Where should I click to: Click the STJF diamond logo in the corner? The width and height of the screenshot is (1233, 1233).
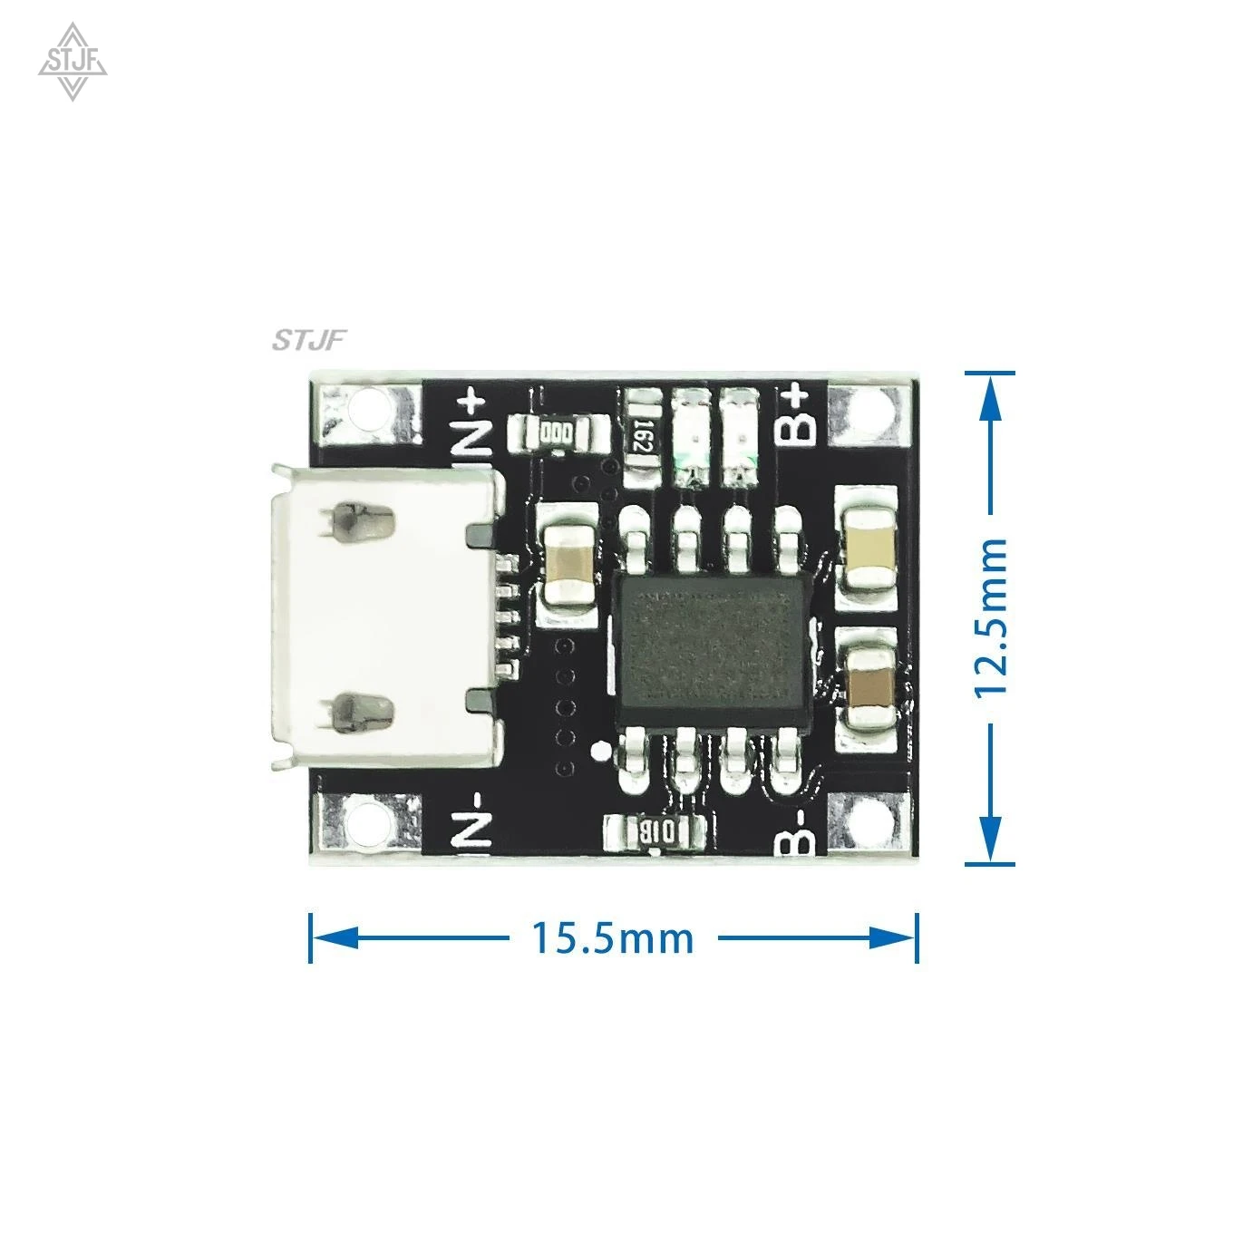point(73,63)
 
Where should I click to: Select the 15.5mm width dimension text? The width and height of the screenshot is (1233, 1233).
point(612,937)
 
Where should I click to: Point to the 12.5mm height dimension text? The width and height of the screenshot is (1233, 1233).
point(990,616)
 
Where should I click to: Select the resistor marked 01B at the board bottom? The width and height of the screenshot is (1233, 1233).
point(654,829)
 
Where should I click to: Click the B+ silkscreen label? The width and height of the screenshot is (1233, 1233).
point(795,415)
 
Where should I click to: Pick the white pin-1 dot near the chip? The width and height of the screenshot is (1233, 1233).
point(599,751)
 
